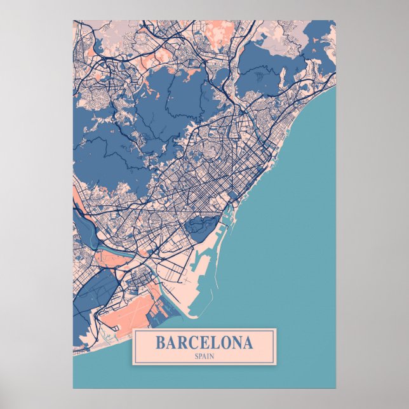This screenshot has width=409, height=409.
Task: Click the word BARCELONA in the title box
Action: pyautogui.click(x=203, y=343)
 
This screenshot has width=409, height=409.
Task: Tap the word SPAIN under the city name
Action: pyautogui.click(x=203, y=356)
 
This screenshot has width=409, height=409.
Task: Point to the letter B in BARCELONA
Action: pyautogui.click(x=161, y=343)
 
